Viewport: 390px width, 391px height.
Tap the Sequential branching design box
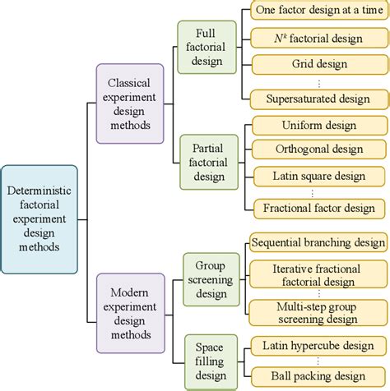click(x=318, y=243)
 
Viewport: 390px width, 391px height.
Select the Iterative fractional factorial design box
click(x=318, y=275)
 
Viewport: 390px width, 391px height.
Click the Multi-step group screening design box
click(x=318, y=313)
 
